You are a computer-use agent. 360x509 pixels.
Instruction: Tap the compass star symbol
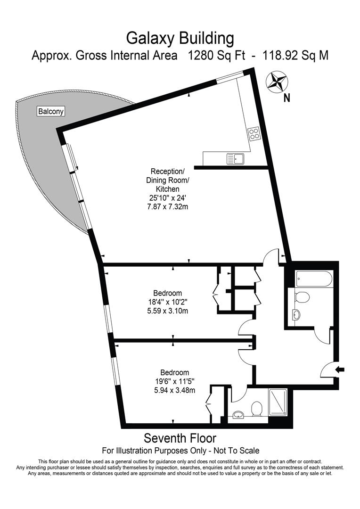click(x=277, y=81)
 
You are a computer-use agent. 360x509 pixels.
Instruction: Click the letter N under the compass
click(x=286, y=99)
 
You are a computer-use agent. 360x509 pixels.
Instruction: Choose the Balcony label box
click(x=51, y=112)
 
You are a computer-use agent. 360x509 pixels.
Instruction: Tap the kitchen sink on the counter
click(x=235, y=159)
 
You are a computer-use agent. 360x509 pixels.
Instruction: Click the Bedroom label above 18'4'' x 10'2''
click(x=167, y=293)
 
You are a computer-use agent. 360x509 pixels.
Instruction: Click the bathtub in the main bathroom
click(x=314, y=279)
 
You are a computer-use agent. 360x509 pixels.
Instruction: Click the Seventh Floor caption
click(x=180, y=438)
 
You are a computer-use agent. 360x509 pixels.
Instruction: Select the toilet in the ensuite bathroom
click(x=257, y=409)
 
